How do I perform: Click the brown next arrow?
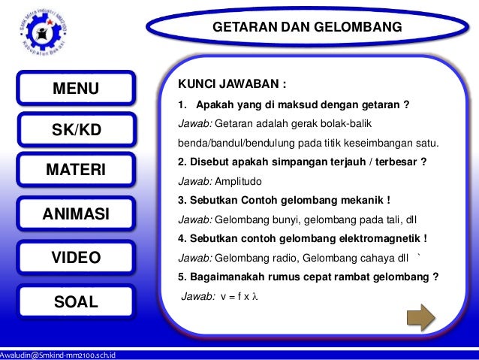pyautogui.click(x=417, y=316)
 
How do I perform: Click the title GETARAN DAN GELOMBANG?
pyautogui.click(x=307, y=27)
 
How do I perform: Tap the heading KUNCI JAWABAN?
pyautogui.click(x=230, y=83)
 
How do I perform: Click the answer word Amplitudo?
pyautogui.click(x=240, y=181)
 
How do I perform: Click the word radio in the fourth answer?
pyautogui.click(x=278, y=258)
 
